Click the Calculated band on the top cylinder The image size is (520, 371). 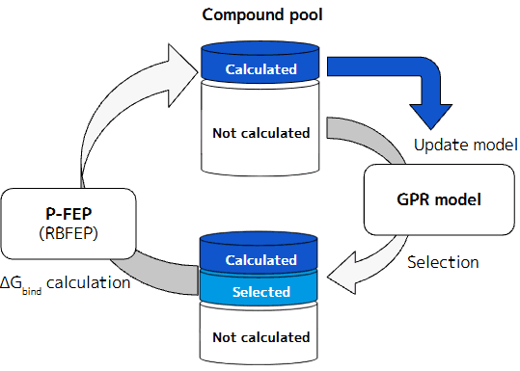click(x=260, y=69)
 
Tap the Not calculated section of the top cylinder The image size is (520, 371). click(x=260, y=132)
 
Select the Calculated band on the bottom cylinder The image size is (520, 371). click(x=260, y=259)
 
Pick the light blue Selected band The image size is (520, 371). click(x=260, y=291)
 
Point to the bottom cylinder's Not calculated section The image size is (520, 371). click(x=260, y=337)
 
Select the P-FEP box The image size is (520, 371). click(x=68, y=223)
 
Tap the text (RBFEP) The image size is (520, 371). click(x=68, y=233)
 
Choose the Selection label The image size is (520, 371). click(x=443, y=261)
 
